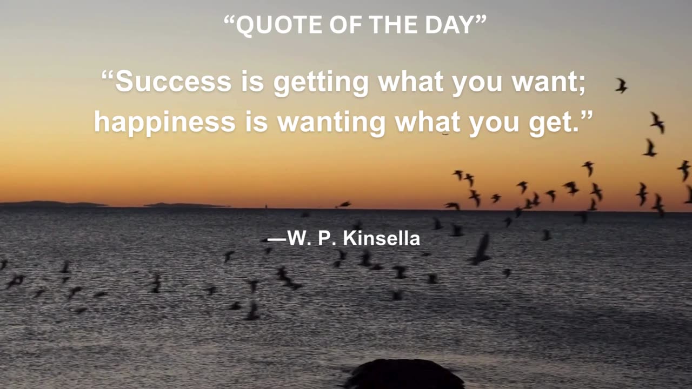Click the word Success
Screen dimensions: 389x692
click(173, 82)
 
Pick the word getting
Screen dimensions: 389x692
click(321, 83)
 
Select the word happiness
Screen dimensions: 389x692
click(164, 122)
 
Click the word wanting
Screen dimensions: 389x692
click(331, 123)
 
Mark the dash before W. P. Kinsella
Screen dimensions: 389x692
click(277, 239)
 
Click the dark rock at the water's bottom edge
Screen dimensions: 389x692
click(404, 374)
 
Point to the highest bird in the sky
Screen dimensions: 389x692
click(621, 85)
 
